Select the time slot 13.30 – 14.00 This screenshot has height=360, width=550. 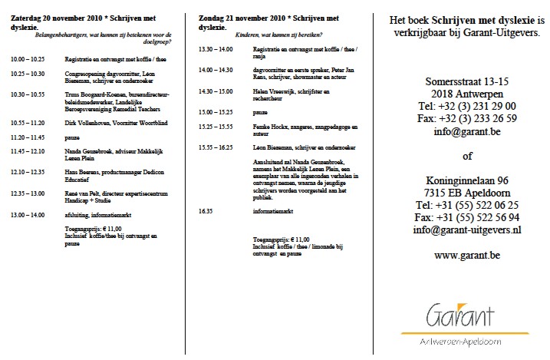[x=216, y=49]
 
